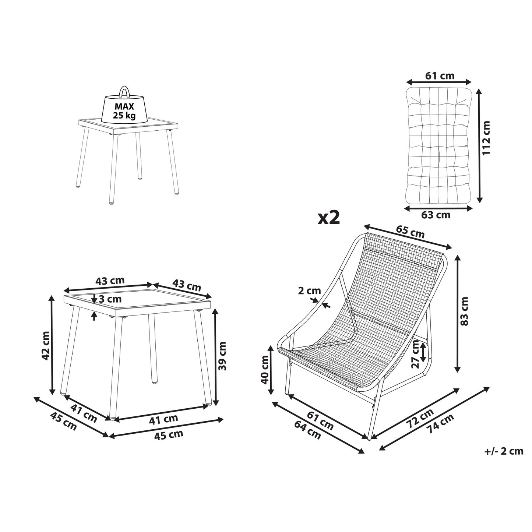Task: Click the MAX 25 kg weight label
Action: point(124,110)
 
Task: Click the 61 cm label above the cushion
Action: point(440,75)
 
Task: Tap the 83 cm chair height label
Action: point(464,311)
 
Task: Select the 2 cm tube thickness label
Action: point(309,290)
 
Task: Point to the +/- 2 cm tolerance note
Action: point(504,451)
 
